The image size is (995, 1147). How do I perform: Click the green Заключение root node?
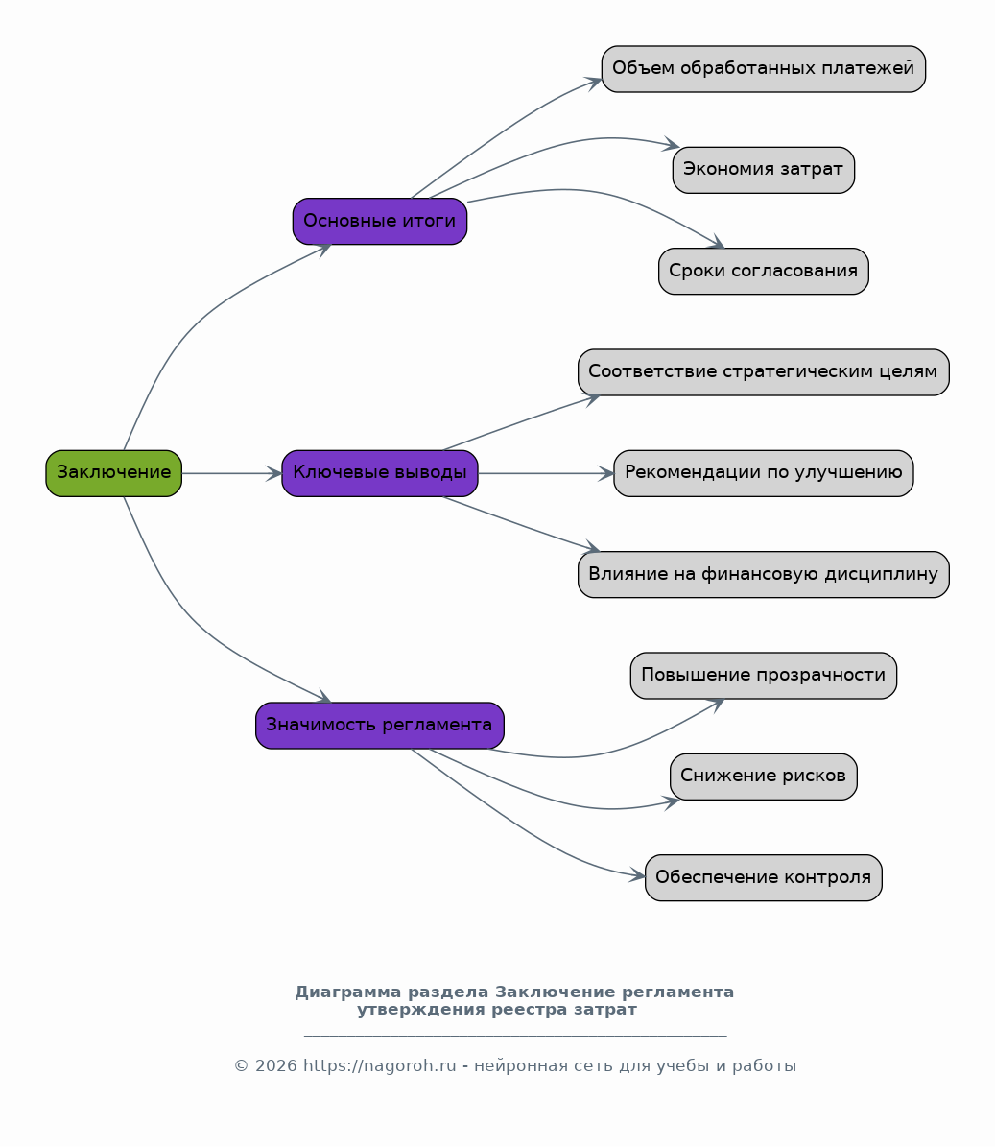[113, 473]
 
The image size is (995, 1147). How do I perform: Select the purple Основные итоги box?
[379, 221]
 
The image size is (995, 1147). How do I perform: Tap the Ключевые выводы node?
[379, 473]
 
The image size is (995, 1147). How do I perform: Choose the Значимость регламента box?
[379, 726]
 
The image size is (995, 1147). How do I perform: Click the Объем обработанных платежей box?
[763, 69]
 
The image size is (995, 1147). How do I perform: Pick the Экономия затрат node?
[763, 170]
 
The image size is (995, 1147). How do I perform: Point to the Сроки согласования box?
[763, 272]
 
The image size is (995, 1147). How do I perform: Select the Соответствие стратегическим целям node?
[763, 372]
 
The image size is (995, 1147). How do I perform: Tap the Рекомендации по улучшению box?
[763, 473]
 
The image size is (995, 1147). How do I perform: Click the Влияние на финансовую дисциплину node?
[763, 574]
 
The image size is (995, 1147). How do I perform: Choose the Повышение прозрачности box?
[763, 675]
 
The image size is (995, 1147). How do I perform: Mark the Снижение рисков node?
[763, 777]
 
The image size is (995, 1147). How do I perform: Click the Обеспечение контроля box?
[763, 878]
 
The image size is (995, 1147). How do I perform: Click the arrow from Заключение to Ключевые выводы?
[232, 473]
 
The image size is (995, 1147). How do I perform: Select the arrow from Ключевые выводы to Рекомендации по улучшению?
[545, 473]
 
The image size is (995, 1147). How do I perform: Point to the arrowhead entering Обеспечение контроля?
[637, 874]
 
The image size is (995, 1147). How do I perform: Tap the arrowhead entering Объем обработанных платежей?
[594, 82]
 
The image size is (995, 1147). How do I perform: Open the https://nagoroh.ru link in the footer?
[379, 1065]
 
